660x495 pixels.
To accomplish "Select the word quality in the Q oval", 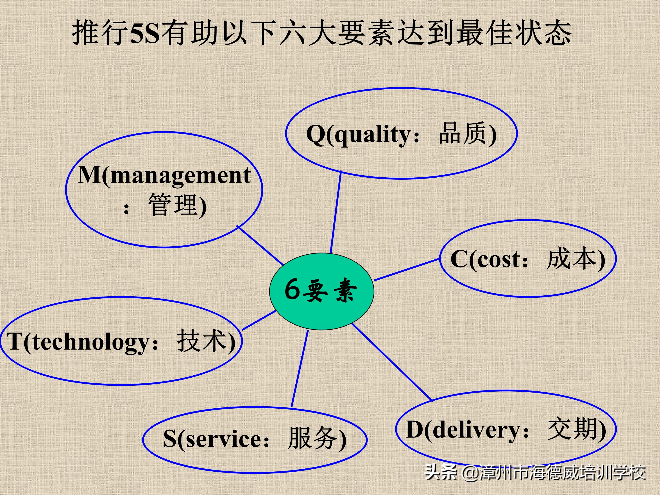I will [373, 134].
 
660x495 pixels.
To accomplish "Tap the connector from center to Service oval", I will [300, 369].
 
